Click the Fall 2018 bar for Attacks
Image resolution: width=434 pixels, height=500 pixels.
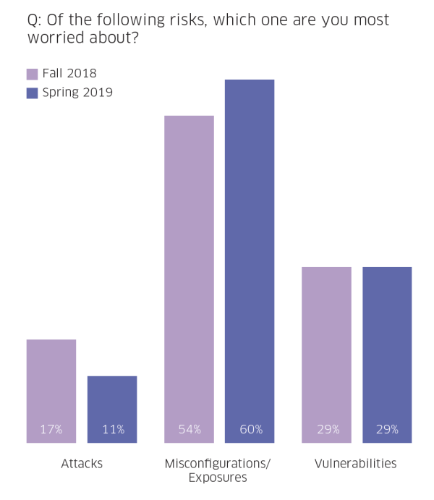pos(51,391)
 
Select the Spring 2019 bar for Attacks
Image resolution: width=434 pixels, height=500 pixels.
pos(112,409)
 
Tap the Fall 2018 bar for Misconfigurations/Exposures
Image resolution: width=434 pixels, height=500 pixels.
pos(189,279)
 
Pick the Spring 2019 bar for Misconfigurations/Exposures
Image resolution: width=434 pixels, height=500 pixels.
pos(250,260)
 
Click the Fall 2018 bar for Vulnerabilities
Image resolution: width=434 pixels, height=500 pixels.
pos(326,355)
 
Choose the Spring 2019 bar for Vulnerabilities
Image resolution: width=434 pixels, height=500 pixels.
pos(387,355)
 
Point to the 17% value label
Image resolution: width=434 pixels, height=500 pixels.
pos(51,430)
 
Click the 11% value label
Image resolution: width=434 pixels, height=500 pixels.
pos(112,430)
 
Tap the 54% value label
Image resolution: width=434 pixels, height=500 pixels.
pos(189,430)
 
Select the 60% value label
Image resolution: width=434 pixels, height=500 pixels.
pos(250,430)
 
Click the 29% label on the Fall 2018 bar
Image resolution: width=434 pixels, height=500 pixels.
pos(326,430)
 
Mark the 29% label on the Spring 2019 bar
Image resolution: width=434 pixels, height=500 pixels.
pos(387,430)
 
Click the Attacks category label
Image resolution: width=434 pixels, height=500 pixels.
pos(82,464)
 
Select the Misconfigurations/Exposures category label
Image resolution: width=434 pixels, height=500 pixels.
pos(217,470)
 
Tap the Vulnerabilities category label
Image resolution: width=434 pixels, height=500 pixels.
pos(356,464)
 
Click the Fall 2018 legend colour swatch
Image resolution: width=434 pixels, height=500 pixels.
pos(32,74)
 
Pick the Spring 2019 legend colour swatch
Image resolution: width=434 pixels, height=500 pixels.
pos(32,93)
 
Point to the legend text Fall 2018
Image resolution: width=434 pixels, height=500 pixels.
pos(69,73)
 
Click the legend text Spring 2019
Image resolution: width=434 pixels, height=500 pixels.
pos(77,93)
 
